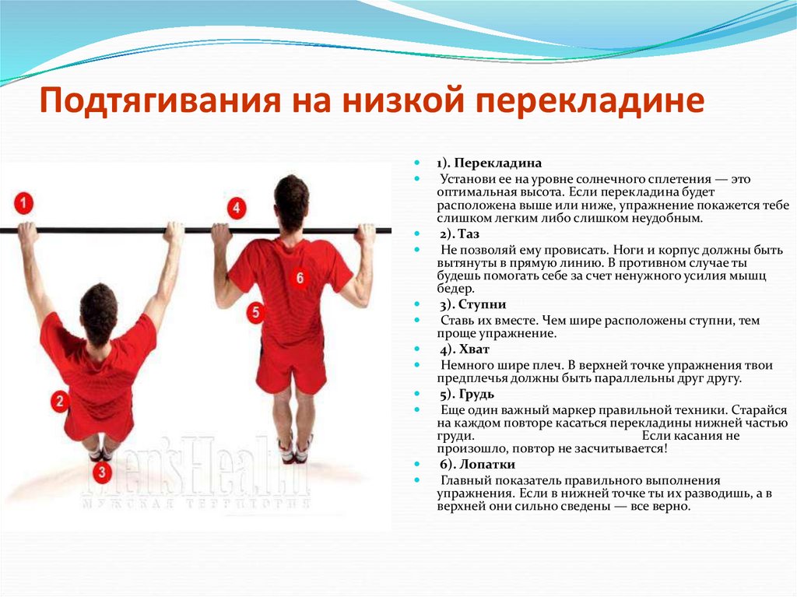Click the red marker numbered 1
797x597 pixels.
tap(23, 203)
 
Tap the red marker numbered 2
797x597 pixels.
tap(61, 401)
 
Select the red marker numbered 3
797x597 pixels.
tap(102, 472)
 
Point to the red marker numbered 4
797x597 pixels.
tap(236, 208)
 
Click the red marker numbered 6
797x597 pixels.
tap(300, 278)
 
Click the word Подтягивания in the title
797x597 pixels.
tap(160, 101)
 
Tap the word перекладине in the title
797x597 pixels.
tap(590, 101)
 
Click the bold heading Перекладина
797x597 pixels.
tap(497, 163)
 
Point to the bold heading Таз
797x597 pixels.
tap(468, 234)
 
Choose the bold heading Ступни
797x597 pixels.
tap(482, 304)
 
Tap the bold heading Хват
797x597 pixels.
tap(474, 349)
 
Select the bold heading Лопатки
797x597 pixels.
tap(487, 464)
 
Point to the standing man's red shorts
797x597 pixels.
tap(290, 363)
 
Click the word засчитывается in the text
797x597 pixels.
tap(618, 449)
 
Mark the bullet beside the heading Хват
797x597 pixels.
tap(418, 349)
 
